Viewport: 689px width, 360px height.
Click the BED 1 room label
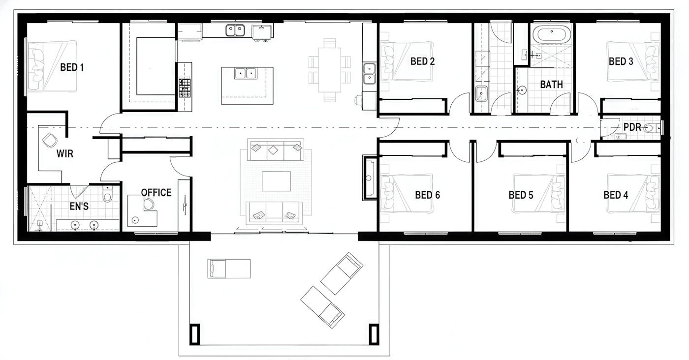(72, 67)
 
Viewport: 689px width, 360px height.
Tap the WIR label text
(65, 153)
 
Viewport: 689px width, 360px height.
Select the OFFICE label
(157, 193)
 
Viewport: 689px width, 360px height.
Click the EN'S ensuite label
(79, 206)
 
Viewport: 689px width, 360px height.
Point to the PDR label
(632, 127)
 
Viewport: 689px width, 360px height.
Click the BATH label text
(552, 84)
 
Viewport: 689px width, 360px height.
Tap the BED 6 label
(428, 195)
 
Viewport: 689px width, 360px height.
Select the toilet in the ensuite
(107, 194)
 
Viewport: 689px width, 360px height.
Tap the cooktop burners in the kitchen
(185, 88)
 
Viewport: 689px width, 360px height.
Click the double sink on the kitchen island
(246, 73)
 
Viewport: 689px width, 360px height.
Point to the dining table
(329, 70)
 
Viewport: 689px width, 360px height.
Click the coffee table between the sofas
(276, 181)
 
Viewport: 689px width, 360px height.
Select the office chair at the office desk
(149, 204)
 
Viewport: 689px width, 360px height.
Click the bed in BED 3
(633, 62)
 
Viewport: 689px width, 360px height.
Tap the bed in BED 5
(539, 194)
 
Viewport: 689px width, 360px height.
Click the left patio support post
(194, 334)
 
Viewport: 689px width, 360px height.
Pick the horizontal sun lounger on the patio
(229, 269)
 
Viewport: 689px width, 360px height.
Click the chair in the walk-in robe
(50, 141)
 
